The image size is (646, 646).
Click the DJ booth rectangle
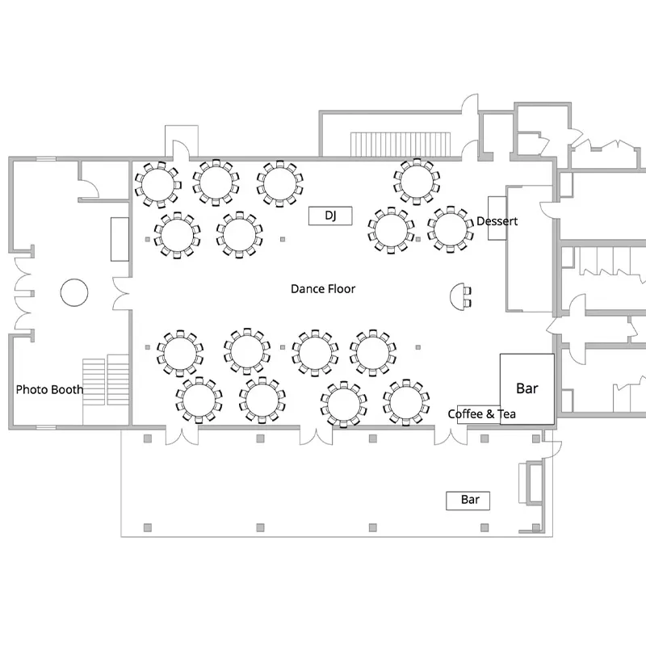(x=329, y=216)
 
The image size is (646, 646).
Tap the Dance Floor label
(x=323, y=288)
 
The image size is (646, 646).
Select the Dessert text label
(x=497, y=221)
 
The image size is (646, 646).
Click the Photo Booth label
(x=49, y=389)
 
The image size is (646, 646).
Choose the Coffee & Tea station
(x=481, y=414)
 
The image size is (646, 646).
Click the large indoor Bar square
(x=526, y=388)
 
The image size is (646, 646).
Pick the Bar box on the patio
(x=470, y=500)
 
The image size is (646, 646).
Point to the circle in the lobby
(x=74, y=292)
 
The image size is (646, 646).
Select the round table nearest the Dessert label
(x=450, y=229)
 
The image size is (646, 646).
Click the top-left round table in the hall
(x=157, y=182)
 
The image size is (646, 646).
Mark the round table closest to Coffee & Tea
(x=405, y=401)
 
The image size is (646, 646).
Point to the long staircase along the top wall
(x=401, y=144)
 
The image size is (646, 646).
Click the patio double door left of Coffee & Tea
(x=451, y=434)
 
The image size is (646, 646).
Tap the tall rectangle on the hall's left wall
(x=120, y=238)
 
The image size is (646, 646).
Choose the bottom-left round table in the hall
(x=198, y=401)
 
